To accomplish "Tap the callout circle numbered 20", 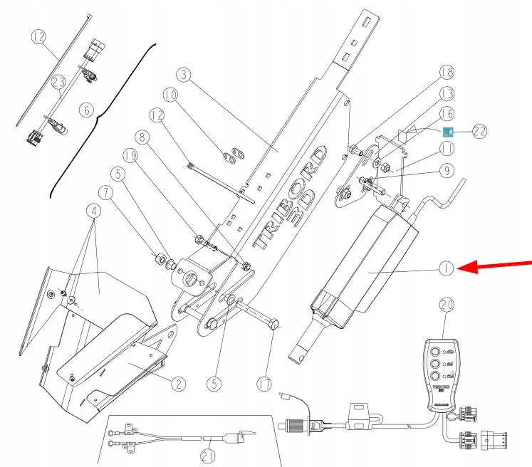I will (447, 305).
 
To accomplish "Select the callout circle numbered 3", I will (184, 75).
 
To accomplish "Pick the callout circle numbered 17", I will (264, 384).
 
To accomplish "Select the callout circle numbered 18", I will (447, 72).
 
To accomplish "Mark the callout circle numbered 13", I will (447, 93).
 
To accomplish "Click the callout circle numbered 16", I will (447, 112).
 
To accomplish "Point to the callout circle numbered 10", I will (170, 94).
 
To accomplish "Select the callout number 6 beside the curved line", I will (87, 110).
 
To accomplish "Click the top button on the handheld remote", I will (433, 351).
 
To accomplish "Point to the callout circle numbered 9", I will (447, 170).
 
